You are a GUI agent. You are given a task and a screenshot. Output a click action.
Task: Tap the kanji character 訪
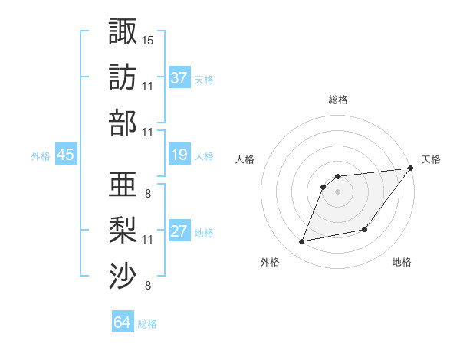click(123, 77)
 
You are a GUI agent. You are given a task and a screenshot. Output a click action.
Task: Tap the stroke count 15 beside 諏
click(148, 39)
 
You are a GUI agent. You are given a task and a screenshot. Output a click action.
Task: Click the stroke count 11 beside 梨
click(148, 240)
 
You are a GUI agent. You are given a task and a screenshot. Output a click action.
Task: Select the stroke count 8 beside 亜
click(147, 193)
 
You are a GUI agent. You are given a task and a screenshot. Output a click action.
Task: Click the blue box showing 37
click(179, 78)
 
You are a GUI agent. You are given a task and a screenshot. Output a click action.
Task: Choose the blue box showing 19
click(179, 155)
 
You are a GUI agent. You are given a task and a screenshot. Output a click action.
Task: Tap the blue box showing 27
click(179, 232)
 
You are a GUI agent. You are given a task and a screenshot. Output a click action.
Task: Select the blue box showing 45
click(66, 155)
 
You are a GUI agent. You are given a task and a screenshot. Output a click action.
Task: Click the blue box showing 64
click(123, 322)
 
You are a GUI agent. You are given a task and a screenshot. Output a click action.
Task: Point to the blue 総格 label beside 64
click(147, 324)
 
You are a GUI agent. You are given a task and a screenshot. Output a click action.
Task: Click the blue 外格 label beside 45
click(41, 156)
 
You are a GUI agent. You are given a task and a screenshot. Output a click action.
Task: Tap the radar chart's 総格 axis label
click(338, 100)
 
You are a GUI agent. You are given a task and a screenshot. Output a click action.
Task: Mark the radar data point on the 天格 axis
click(411, 169)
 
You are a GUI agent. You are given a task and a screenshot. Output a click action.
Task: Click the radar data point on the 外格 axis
click(302, 242)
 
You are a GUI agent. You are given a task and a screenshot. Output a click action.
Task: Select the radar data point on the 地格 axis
click(365, 229)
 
